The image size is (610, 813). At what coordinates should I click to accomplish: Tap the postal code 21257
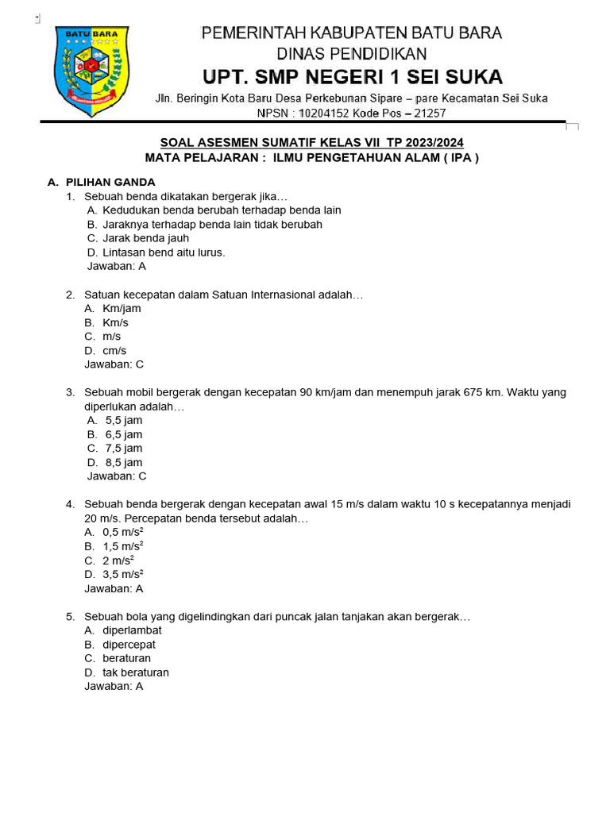pos(425,114)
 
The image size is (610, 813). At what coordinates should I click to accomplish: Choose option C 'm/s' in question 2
pos(111,337)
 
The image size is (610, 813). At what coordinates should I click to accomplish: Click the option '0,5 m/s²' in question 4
pos(123,533)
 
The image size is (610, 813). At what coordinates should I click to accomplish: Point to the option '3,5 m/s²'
pos(123,575)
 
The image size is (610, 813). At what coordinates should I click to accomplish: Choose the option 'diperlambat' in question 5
pos(132,630)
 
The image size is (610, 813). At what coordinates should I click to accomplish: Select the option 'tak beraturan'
pos(135,672)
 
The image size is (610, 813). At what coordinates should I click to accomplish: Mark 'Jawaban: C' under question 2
pos(114,365)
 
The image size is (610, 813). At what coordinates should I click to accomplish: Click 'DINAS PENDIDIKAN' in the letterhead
pos(351,54)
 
